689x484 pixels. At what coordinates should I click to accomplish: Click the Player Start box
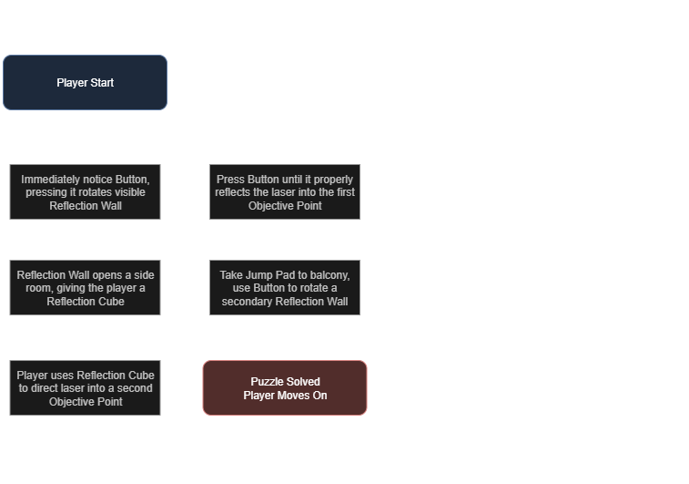(x=85, y=82)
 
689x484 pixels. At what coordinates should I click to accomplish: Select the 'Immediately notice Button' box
(x=85, y=192)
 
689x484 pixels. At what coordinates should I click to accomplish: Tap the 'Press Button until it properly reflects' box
(x=285, y=192)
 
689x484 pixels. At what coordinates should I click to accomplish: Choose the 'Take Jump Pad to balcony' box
(x=285, y=288)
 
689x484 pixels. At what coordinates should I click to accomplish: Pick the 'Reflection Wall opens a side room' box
(x=85, y=288)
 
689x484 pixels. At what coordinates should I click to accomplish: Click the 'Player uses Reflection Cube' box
(x=85, y=388)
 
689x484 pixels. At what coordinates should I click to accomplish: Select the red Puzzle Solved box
(x=285, y=388)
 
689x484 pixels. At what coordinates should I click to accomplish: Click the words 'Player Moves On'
(x=285, y=396)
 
